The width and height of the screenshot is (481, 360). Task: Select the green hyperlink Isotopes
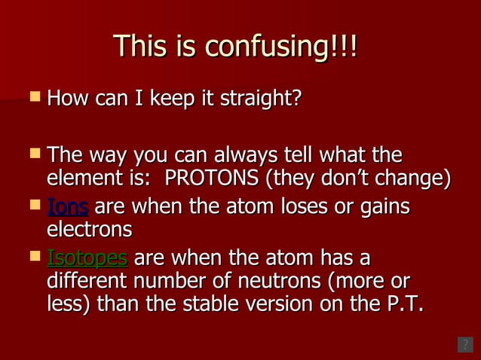[x=87, y=258]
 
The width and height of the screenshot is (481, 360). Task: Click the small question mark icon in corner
[x=465, y=345]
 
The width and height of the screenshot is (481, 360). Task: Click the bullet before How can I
[x=33, y=96]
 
